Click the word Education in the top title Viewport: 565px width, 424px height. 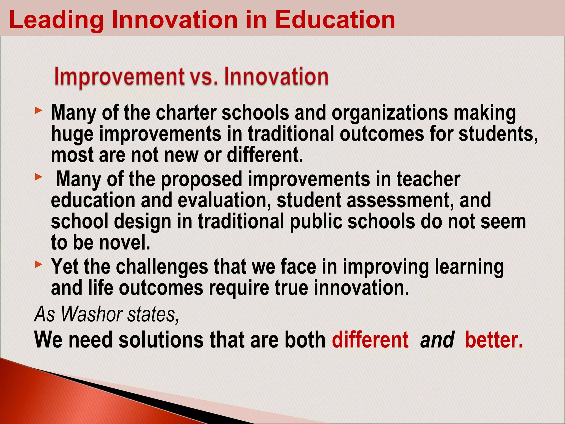(335, 20)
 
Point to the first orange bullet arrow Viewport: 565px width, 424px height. (39, 111)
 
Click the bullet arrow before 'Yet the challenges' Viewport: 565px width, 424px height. (39, 265)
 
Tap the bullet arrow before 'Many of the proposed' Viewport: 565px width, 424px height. (39, 177)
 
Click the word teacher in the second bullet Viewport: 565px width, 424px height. (428, 179)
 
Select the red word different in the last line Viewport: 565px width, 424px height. (370, 340)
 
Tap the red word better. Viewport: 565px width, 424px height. (494, 340)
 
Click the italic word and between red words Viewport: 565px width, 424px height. (437, 340)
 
